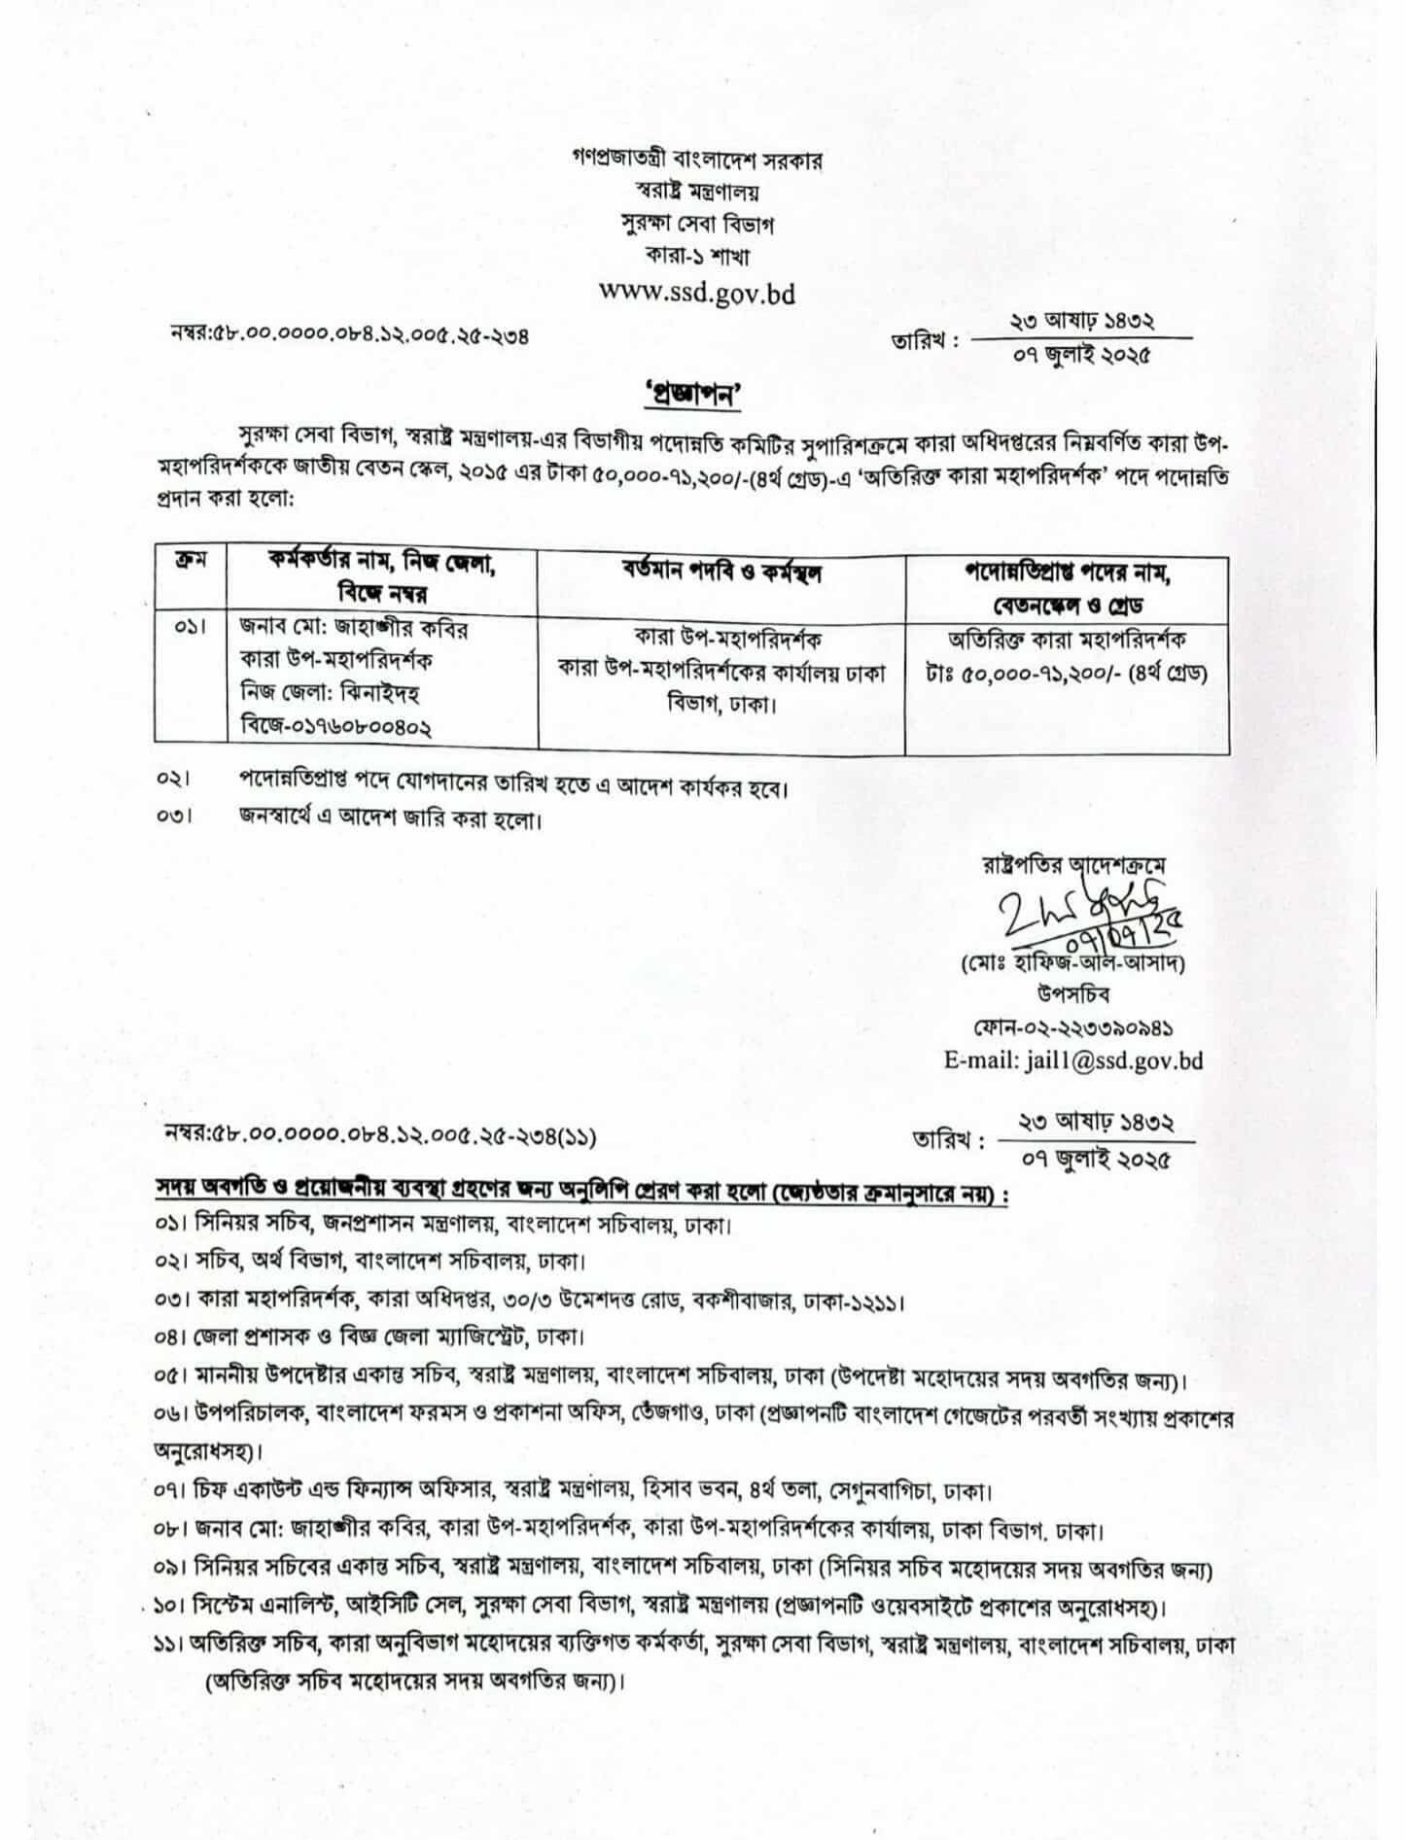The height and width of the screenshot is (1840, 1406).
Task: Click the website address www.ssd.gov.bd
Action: click(x=696, y=292)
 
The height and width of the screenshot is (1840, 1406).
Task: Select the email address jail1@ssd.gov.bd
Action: click(x=1073, y=1060)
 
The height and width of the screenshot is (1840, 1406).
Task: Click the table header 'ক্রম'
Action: click(x=189, y=563)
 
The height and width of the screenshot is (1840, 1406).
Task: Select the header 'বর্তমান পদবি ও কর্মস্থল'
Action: click(x=721, y=573)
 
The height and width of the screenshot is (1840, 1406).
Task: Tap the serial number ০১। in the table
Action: click(x=190, y=629)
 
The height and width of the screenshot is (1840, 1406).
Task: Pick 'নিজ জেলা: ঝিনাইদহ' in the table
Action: click(x=330, y=693)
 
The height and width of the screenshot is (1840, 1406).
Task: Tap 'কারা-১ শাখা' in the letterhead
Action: click(x=696, y=257)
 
